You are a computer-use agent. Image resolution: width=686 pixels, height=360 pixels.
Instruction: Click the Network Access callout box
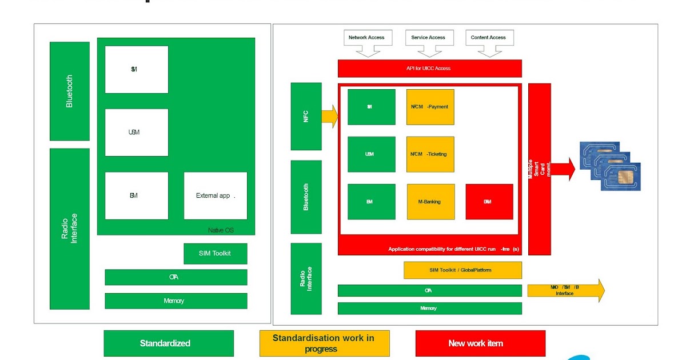366,38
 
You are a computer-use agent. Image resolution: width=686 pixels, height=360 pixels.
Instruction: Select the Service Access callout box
428,38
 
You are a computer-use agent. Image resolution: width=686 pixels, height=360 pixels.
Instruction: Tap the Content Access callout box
488,38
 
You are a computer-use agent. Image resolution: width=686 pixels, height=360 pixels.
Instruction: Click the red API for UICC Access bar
429,69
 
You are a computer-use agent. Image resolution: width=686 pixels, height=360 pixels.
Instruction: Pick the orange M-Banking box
430,202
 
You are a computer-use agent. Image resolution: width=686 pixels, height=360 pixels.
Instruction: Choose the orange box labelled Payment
430,107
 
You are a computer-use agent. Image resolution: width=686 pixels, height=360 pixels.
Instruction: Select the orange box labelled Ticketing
430,154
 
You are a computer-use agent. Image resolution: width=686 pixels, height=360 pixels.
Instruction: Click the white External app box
216,195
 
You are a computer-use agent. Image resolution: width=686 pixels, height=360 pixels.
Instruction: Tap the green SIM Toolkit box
215,253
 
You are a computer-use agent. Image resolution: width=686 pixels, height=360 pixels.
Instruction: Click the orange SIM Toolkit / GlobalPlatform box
462,270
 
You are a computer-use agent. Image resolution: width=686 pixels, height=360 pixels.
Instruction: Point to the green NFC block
306,117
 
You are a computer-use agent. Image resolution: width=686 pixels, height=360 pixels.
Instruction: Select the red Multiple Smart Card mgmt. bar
539,169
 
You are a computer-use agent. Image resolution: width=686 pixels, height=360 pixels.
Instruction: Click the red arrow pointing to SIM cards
563,169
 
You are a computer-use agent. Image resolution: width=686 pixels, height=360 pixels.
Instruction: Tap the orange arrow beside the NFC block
330,116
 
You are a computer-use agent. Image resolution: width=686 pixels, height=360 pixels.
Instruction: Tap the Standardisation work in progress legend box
324,343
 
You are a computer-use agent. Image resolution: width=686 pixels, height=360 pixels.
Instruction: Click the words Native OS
221,230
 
